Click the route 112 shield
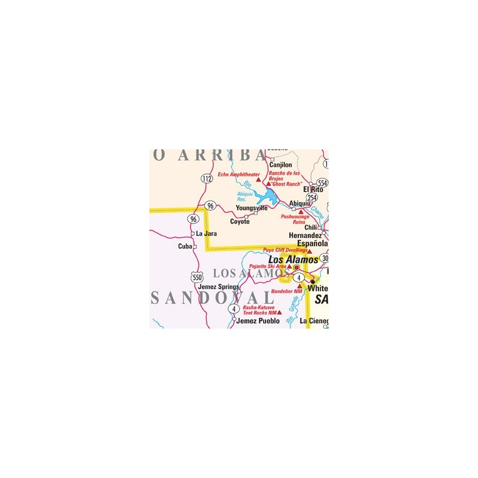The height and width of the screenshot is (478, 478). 207,179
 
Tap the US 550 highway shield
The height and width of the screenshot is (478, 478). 197,277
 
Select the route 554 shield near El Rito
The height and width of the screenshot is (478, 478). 323,183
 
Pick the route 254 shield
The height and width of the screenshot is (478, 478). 312,198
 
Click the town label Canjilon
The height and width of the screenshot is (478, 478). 281,165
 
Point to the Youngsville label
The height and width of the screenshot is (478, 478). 252,208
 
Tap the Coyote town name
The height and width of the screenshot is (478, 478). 240,222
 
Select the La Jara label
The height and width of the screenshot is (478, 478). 206,233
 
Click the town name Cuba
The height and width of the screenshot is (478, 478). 185,246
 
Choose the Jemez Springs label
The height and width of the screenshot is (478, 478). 218,287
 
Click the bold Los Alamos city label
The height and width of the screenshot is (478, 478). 293,260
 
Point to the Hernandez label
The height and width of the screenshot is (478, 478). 305,236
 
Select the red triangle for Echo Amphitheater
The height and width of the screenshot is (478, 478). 258,179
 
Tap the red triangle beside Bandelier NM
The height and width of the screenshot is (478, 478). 299,287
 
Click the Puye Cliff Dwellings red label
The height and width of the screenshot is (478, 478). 284,250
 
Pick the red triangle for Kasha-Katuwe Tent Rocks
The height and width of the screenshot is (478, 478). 280,312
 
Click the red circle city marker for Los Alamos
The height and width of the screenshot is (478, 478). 296,268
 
